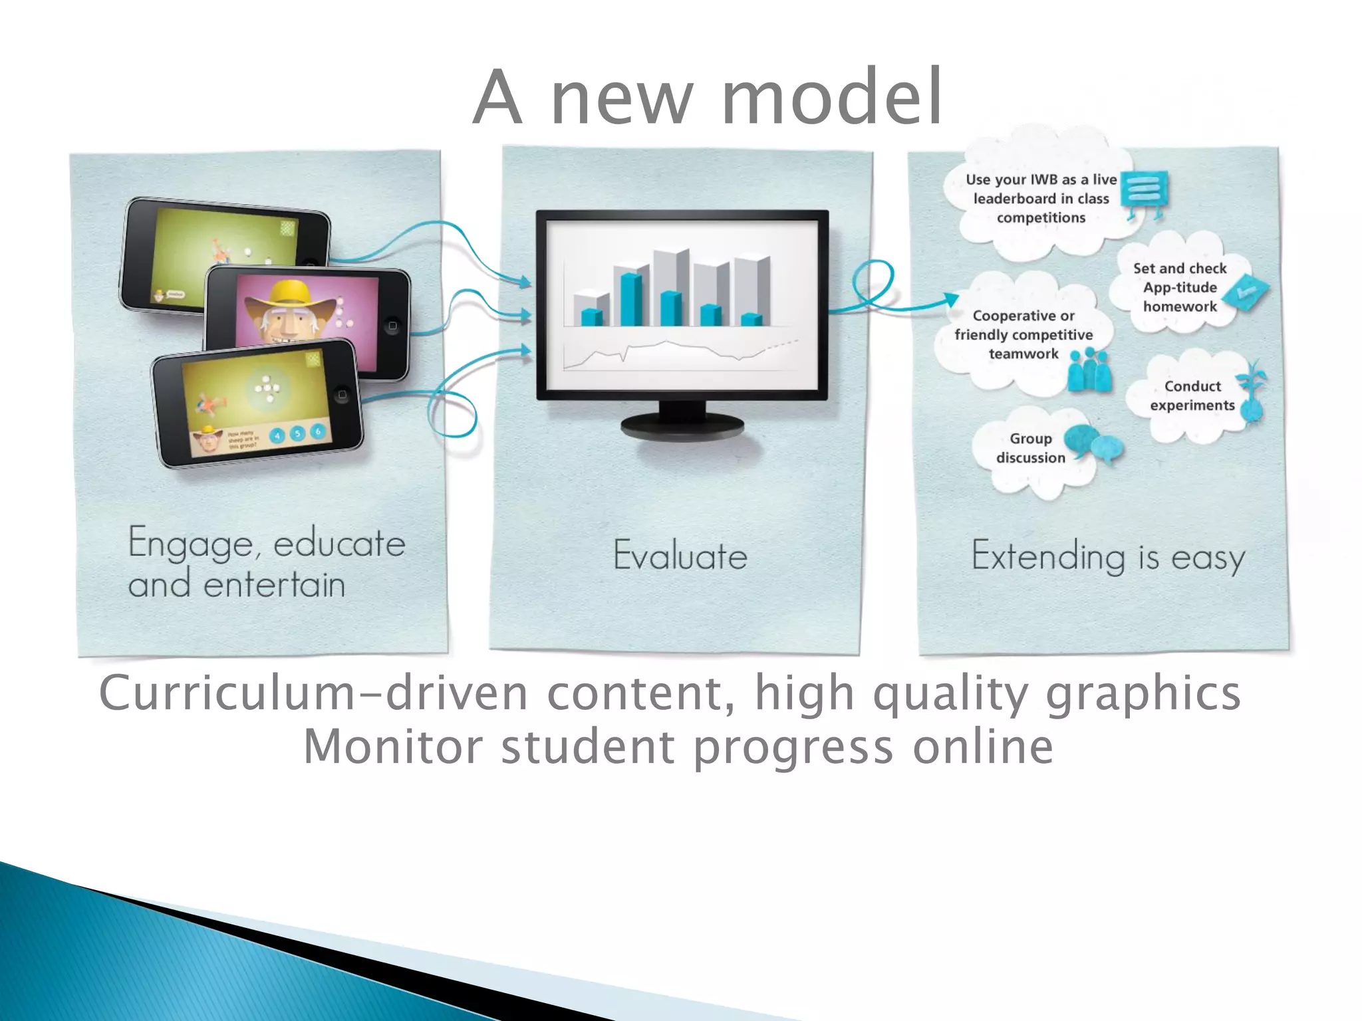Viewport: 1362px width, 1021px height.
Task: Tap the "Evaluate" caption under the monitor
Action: click(680, 556)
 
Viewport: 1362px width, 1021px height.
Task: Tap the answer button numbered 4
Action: click(277, 436)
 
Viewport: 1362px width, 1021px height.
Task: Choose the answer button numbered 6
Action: click(318, 431)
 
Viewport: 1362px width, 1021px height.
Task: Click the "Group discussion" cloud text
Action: click(1030, 448)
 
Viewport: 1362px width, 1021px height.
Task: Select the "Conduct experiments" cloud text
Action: click(1192, 396)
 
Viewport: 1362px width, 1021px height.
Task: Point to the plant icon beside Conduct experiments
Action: click(1253, 392)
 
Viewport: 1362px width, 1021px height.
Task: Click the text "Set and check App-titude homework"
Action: click(1180, 287)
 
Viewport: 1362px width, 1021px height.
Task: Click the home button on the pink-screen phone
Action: click(392, 326)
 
